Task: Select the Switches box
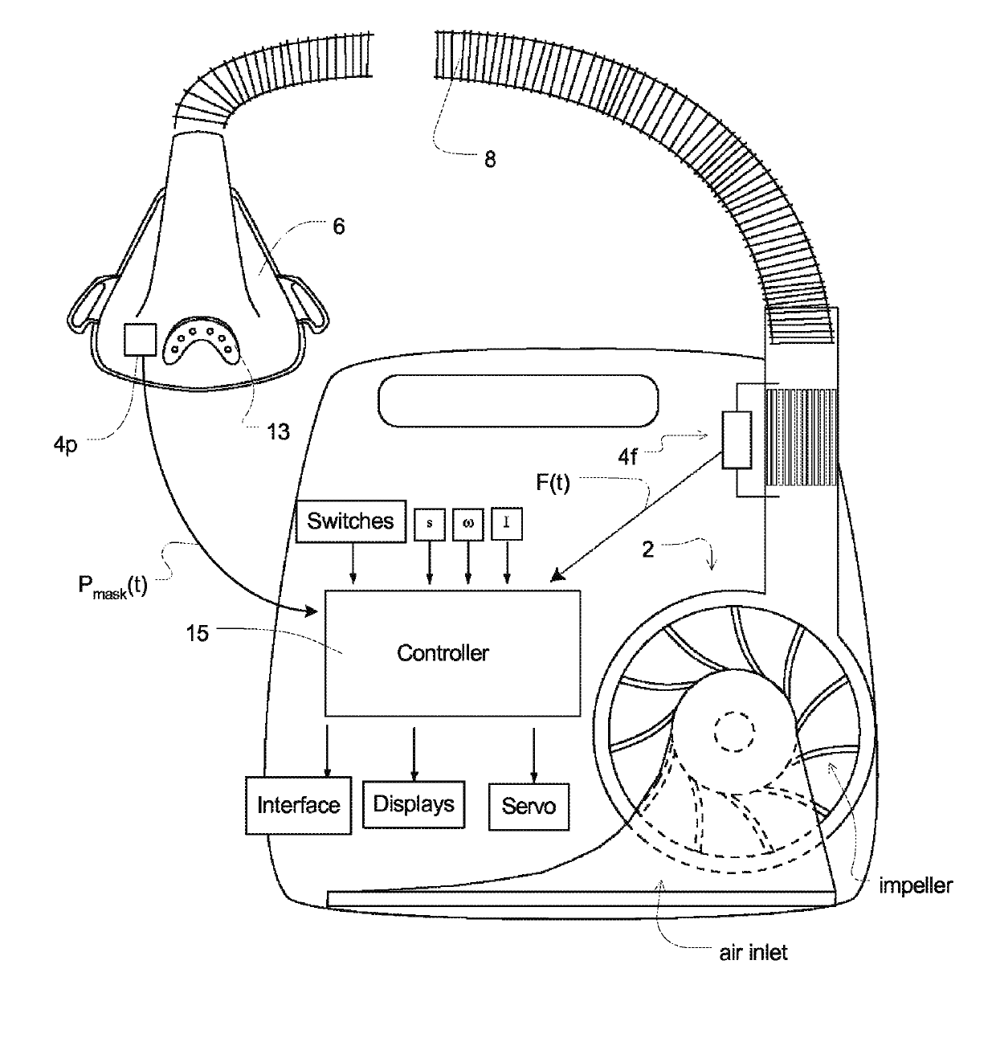(350, 521)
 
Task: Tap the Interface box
(298, 805)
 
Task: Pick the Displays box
(414, 804)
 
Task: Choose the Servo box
(529, 806)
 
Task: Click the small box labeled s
(429, 524)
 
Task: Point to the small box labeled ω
(468, 524)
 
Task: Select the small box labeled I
(507, 524)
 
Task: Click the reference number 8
(489, 160)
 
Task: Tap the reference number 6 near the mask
(338, 227)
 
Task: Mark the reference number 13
(278, 432)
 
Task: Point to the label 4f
(628, 458)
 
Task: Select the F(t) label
(553, 484)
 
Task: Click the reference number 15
(197, 634)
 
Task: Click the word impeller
(916, 886)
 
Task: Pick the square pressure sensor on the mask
(138, 340)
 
